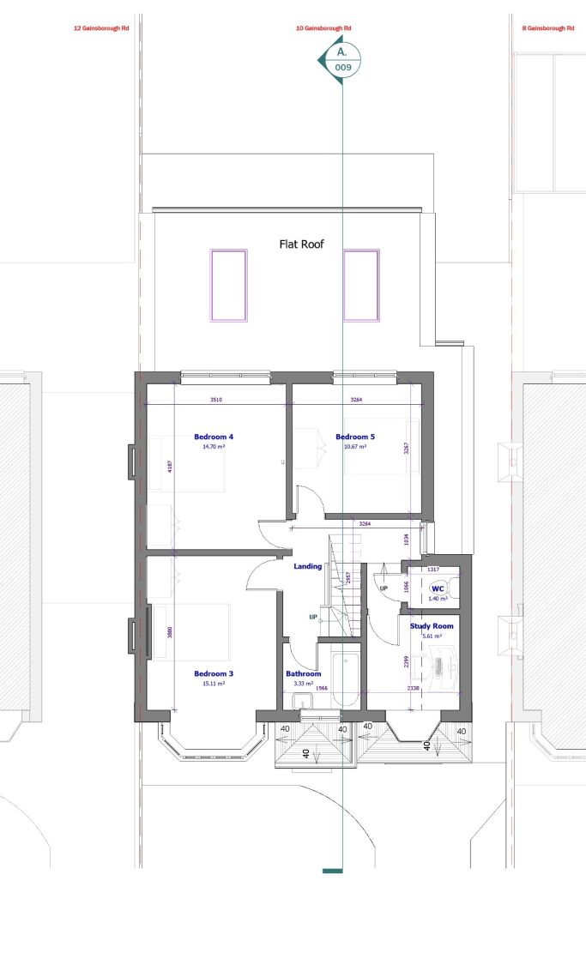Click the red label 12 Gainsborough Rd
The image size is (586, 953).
100,28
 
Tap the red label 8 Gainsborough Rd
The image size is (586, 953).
548,28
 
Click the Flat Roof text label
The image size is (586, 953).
302,244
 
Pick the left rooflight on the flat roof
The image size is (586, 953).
229,285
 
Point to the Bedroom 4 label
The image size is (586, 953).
214,437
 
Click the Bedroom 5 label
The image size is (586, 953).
355,437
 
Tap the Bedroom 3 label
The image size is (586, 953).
214,673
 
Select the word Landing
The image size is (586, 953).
307,566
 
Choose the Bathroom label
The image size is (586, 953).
303,674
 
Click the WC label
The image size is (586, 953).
438,588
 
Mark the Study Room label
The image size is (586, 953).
431,626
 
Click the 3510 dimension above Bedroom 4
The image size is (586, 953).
216,399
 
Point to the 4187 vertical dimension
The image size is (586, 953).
171,467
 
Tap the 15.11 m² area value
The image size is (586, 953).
214,684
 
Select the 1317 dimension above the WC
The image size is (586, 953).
433,569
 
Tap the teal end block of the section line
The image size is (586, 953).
333,872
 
